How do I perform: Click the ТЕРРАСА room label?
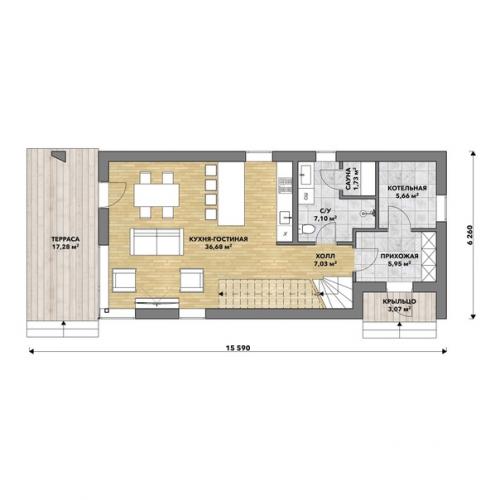pos(65,239)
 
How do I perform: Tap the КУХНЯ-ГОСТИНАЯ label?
pos(218,239)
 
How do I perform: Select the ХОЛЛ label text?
pos(325,256)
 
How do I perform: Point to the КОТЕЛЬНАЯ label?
pos(407,188)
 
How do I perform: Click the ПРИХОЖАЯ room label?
pos(399,256)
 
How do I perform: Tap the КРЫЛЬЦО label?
pos(399,302)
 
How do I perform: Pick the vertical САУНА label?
pos(348,179)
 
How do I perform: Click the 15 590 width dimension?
pos(238,348)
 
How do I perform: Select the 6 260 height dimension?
pos(470,235)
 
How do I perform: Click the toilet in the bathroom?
pos(308,229)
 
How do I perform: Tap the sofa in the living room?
pos(156,242)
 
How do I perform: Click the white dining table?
pos(156,195)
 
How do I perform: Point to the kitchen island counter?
pos(231,194)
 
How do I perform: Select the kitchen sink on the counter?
pos(285,217)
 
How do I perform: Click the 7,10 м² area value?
pos(325,219)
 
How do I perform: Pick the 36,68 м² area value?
pos(219,247)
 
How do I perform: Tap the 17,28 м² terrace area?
pos(65,247)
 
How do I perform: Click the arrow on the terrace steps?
pos(63,329)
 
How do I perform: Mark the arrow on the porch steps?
pos(400,331)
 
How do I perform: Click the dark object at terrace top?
pos(60,155)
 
